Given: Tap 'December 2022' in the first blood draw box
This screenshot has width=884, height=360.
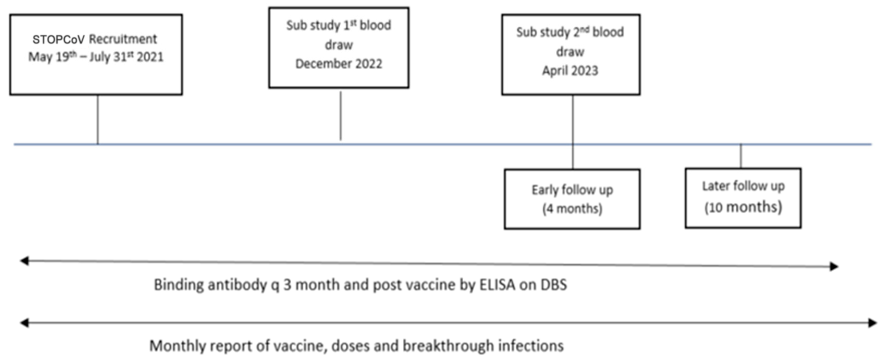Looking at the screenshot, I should pos(339,64).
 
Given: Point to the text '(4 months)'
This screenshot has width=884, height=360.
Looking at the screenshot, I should pos(572,209).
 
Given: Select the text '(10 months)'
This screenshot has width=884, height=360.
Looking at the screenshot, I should pos(743,207).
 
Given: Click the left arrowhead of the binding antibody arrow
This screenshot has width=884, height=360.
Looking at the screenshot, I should pos(24,261).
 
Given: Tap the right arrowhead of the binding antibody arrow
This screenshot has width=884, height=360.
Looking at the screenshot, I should pos(834,266).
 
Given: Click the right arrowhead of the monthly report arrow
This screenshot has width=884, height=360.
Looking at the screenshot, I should pos(873,323).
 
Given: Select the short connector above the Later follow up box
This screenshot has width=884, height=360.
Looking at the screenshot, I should pos(741,156).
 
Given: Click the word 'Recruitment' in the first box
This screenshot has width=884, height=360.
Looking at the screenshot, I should pos(123,39).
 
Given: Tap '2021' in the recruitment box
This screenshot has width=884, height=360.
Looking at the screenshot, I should pos(150,57).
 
